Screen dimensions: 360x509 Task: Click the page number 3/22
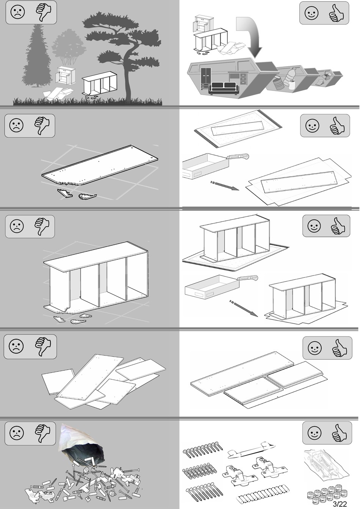tap(340, 504)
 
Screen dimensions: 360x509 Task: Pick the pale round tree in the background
tap(69, 47)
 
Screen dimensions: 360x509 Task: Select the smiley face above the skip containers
tap(311, 13)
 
